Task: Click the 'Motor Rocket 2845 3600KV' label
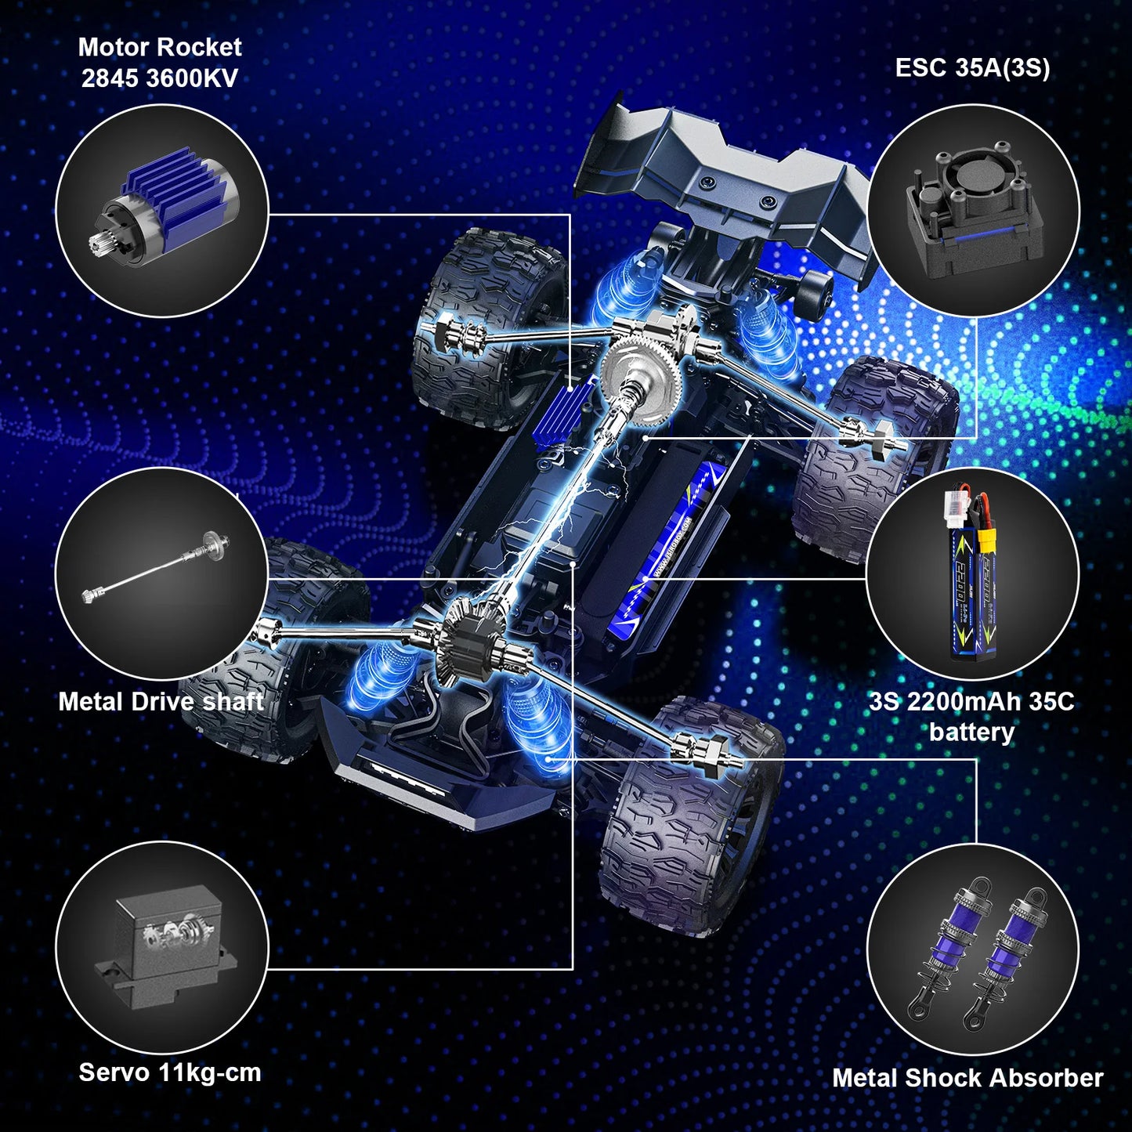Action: tap(160, 63)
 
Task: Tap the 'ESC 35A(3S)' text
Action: tap(972, 67)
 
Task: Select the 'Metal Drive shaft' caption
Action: tap(161, 701)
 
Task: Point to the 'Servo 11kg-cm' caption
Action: tap(170, 1072)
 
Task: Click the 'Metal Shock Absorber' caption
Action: tap(967, 1078)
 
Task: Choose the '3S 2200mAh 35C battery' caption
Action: tap(971, 716)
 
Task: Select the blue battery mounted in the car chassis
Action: tap(666, 548)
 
